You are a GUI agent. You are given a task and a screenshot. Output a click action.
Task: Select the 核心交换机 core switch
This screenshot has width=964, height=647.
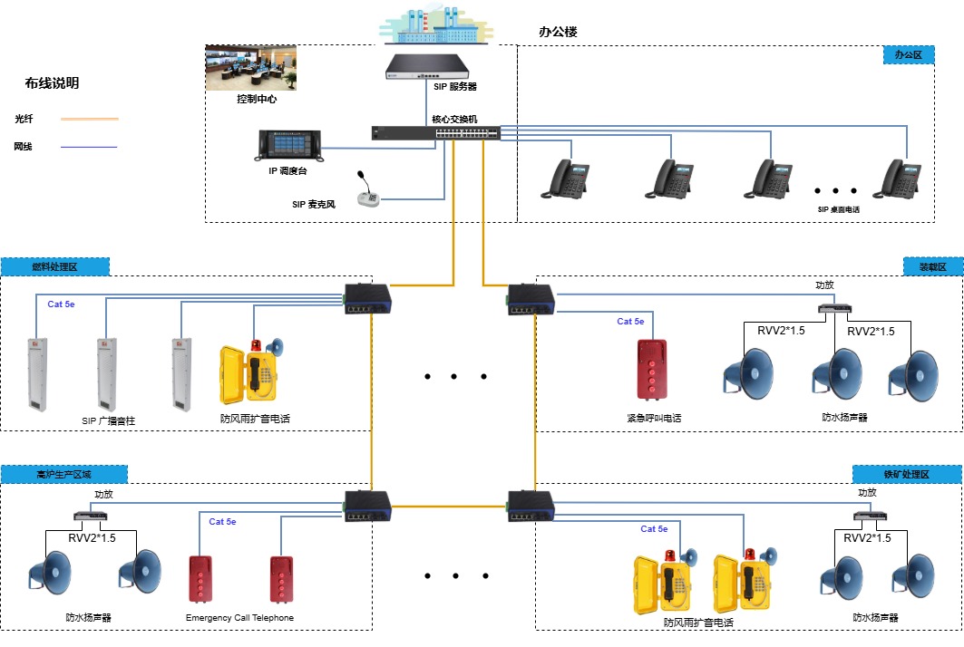(x=435, y=132)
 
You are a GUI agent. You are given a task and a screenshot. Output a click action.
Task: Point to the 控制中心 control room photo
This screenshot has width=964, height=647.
(x=251, y=69)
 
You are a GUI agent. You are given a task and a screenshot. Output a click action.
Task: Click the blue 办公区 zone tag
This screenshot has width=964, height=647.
(x=908, y=54)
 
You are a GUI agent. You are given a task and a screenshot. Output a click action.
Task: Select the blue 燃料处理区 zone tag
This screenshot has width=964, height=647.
(x=55, y=266)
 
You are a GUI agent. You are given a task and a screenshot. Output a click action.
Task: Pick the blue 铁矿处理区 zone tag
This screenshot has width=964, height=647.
(x=907, y=474)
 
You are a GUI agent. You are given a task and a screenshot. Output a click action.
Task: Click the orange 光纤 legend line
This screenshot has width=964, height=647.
(x=89, y=119)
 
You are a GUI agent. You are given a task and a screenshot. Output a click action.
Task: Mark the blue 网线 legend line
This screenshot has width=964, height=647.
(x=89, y=147)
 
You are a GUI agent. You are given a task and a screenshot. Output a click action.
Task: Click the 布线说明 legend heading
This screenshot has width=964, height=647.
(x=52, y=83)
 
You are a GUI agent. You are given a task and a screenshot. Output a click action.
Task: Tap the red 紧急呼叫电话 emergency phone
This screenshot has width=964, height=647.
(x=652, y=369)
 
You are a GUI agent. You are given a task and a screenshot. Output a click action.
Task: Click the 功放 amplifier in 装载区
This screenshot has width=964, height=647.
(x=833, y=307)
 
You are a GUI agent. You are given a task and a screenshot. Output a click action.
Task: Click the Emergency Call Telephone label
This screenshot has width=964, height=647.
(x=239, y=618)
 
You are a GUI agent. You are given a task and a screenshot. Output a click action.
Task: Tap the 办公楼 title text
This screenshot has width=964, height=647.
(x=558, y=32)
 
